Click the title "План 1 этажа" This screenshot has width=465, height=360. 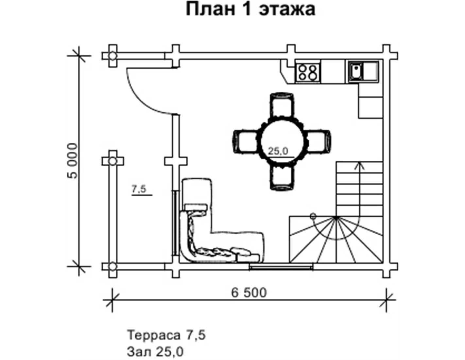pyautogui.click(x=250, y=9)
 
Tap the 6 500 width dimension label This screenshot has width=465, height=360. pyautogui.click(x=249, y=292)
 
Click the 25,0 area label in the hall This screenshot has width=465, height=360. pyautogui.click(x=278, y=151)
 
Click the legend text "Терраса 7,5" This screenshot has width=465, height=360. pyautogui.click(x=166, y=335)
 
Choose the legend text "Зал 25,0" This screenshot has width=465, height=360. pyautogui.click(x=155, y=352)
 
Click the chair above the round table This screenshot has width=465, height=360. pyautogui.click(x=281, y=105)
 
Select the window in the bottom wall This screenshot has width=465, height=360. pyautogui.click(x=281, y=266)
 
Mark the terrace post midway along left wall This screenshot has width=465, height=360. pyautogui.click(x=112, y=161)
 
